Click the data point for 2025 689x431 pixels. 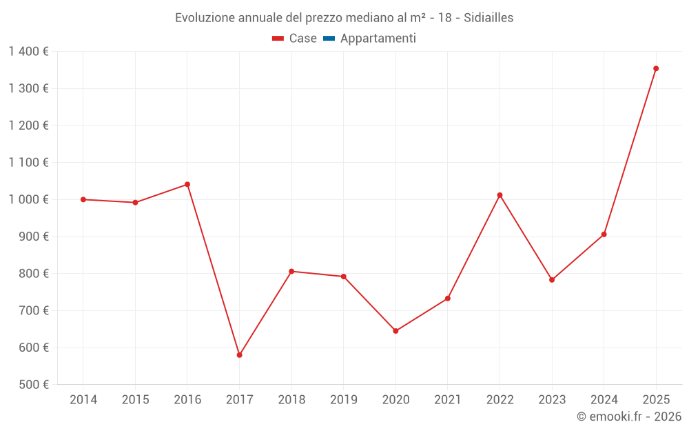(x=656, y=68)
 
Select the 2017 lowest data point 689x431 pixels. (x=239, y=355)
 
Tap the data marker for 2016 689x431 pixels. (x=187, y=184)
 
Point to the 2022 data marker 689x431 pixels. (x=500, y=195)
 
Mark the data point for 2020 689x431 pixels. (x=395, y=331)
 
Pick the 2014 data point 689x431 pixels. (x=83, y=199)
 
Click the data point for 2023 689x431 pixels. (x=552, y=280)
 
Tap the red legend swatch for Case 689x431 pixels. (x=278, y=39)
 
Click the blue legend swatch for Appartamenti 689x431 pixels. (x=329, y=39)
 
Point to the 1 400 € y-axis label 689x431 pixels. (x=28, y=52)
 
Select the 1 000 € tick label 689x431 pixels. (x=28, y=199)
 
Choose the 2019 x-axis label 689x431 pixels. (x=343, y=400)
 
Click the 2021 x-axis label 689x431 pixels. (x=447, y=400)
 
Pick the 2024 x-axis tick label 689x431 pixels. (x=604, y=400)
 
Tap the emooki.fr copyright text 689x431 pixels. (x=628, y=417)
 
